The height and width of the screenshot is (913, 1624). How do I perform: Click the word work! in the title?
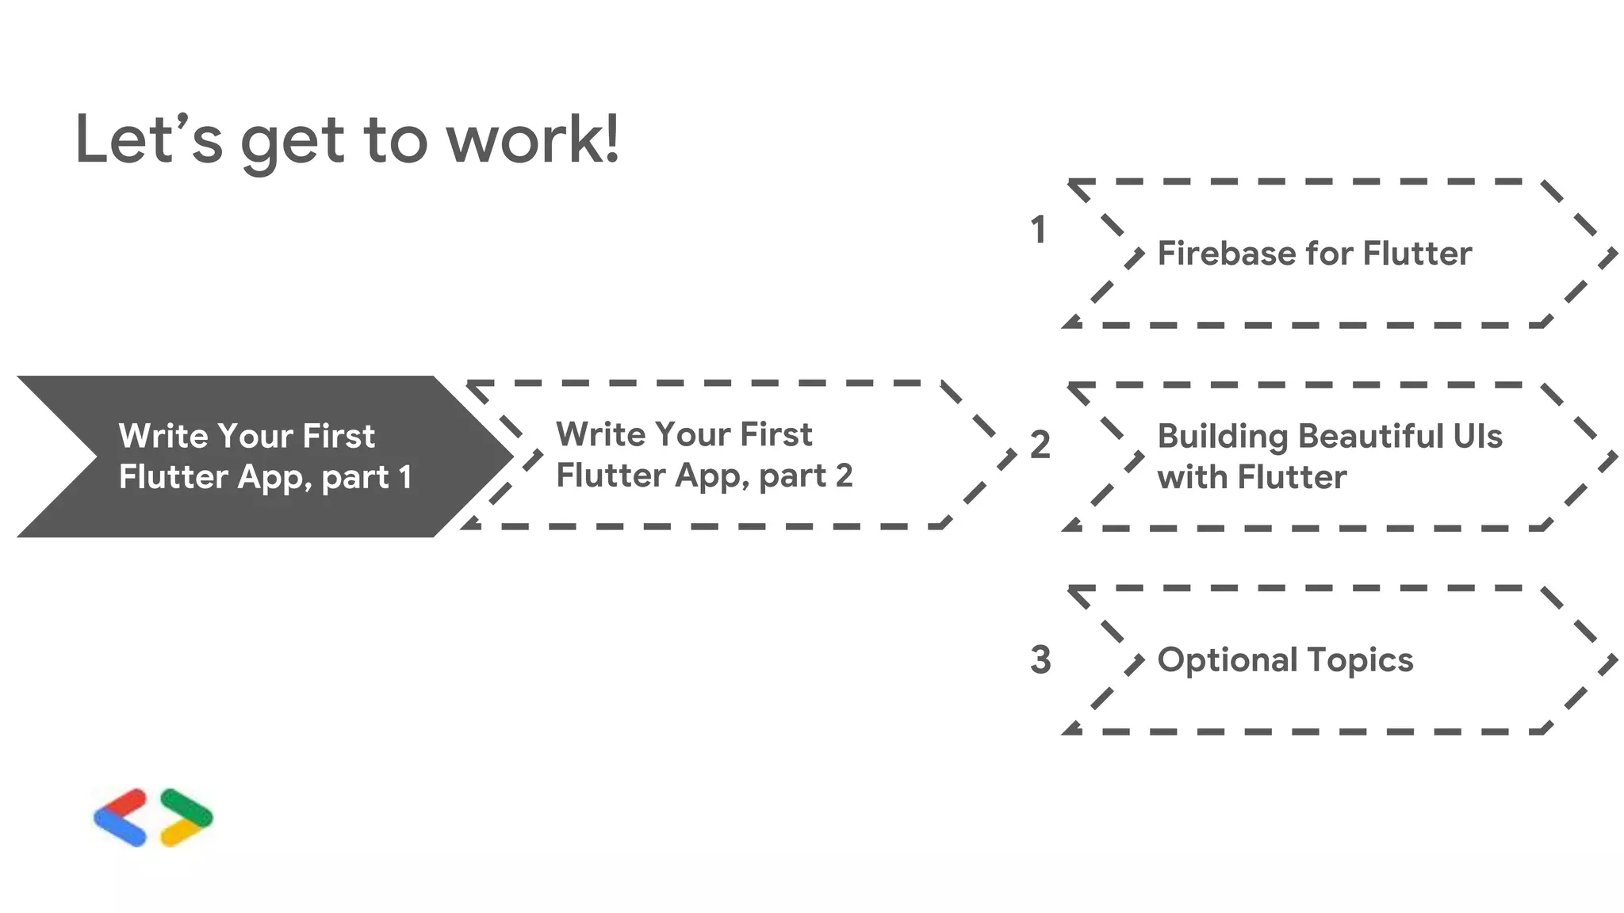pos(532,140)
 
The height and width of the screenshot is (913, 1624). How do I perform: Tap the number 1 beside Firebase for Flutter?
pos(1038,230)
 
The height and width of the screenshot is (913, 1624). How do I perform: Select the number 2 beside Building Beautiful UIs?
pos(1040,445)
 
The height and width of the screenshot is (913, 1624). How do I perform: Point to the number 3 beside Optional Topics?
pos(1040,660)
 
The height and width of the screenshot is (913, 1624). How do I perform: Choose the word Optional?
pos(1227,660)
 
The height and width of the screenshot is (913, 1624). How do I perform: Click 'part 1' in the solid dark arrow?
pos(367,478)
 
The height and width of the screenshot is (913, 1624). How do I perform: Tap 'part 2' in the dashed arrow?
pos(806,476)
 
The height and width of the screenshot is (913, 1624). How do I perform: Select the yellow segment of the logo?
pos(181,831)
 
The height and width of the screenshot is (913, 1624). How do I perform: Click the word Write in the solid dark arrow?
pos(163,437)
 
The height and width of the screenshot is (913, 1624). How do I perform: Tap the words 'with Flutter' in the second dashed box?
pos(1251,478)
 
